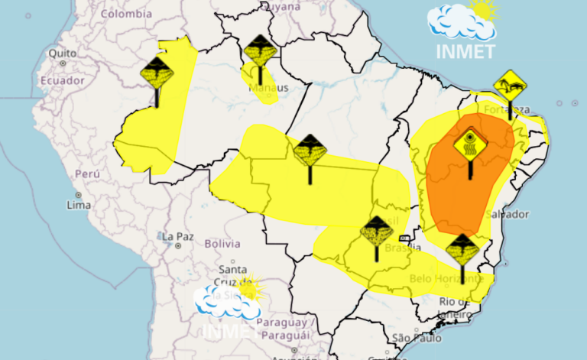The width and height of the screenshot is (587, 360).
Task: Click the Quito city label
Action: (63, 54)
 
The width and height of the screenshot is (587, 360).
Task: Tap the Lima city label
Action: (79, 205)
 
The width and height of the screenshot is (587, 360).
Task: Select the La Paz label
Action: (177, 236)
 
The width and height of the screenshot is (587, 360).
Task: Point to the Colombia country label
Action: (127, 14)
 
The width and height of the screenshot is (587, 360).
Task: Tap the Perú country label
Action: (86, 174)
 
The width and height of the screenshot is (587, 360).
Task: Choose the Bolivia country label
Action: (222, 244)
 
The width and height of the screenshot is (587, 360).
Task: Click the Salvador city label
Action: (506, 214)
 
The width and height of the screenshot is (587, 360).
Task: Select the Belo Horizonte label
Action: (448, 279)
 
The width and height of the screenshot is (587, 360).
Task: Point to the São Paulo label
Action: (411, 338)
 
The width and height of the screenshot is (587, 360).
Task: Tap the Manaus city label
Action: (269, 88)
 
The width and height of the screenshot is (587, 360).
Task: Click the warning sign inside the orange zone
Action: (470, 142)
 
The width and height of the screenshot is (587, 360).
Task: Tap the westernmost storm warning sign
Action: (157, 73)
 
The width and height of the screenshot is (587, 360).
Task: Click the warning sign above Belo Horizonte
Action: (462, 250)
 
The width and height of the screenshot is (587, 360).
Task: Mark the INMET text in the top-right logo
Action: (465, 51)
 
